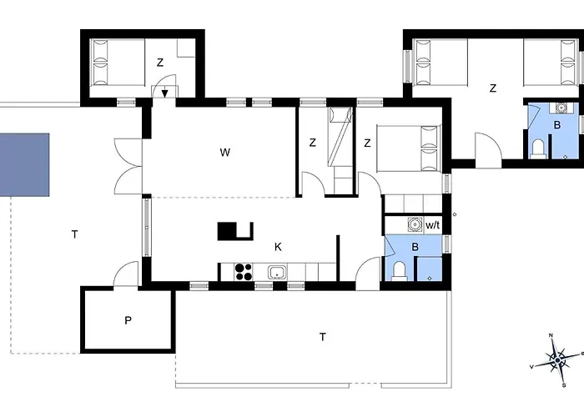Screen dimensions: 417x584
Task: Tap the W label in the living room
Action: click(x=224, y=153)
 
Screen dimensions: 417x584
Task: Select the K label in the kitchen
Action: click(x=278, y=247)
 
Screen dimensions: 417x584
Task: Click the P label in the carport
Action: click(x=128, y=320)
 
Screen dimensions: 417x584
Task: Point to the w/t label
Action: click(x=433, y=225)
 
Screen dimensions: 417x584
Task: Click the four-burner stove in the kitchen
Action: click(x=243, y=271)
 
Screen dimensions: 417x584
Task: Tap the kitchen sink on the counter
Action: click(x=277, y=272)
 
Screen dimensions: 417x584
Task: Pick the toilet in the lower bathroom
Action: click(x=400, y=269)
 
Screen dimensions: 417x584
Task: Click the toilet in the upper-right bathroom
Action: click(x=539, y=148)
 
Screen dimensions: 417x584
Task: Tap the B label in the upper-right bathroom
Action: click(x=557, y=125)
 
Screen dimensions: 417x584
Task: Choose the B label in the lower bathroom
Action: click(x=415, y=248)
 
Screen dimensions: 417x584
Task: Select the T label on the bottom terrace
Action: click(x=322, y=337)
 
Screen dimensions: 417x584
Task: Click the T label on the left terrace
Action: click(x=74, y=235)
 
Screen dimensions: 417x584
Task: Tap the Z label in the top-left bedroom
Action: click(x=160, y=63)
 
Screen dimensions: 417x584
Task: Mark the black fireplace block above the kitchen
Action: click(x=235, y=231)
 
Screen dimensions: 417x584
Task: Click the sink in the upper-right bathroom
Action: click(x=561, y=107)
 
